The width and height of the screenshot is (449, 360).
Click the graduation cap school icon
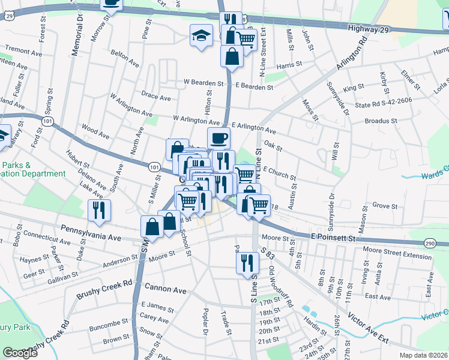click(x=201, y=35)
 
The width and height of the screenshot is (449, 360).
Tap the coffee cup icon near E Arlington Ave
click(x=218, y=138)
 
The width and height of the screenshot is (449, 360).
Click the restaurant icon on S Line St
click(x=247, y=262)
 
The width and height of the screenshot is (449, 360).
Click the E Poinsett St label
click(x=334, y=238)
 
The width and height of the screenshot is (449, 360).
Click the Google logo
click(x=20, y=353)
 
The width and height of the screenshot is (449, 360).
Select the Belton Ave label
click(x=125, y=58)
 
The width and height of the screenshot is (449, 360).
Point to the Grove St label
click(x=381, y=205)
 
